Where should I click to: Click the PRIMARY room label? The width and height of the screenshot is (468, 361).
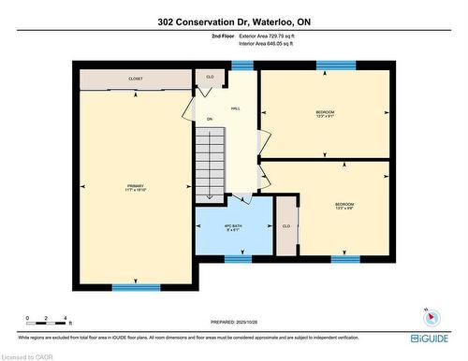pyautogui.click(x=136, y=186)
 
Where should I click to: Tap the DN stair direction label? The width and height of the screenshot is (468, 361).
pyautogui.click(x=210, y=119)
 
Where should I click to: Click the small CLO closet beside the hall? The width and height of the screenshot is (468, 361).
pyautogui.click(x=210, y=78)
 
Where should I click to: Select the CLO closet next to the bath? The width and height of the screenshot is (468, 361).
pyautogui.click(x=285, y=225)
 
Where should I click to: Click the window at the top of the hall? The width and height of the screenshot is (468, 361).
pyautogui.click(x=242, y=65)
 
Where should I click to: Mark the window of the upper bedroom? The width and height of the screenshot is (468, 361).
pyautogui.click(x=329, y=65)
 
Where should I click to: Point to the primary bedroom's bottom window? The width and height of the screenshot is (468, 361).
pyautogui.click(x=136, y=287)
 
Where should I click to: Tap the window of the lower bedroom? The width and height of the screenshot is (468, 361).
pyautogui.click(x=344, y=258)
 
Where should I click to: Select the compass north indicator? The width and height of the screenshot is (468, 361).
pyautogui.click(x=428, y=312)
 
